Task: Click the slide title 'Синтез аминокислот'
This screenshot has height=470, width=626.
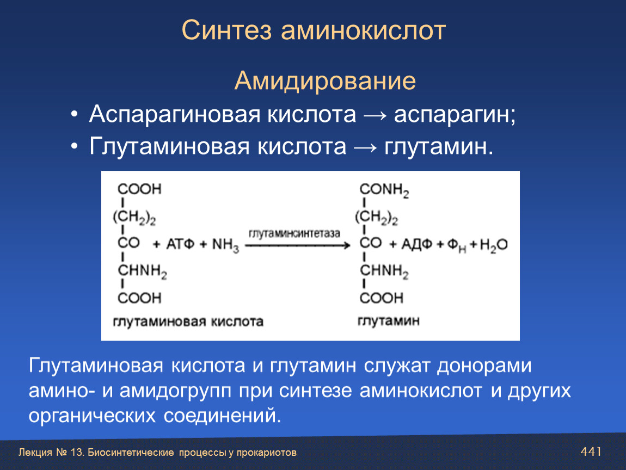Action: click(314, 30)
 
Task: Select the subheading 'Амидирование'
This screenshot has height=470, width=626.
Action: click(325, 81)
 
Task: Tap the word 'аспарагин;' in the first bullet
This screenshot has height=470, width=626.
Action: click(455, 115)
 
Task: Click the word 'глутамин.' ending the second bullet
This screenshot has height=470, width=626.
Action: click(439, 147)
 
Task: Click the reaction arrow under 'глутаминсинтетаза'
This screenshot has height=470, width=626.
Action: click(297, 246)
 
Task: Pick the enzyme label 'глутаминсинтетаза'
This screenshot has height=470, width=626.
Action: click(294, 233)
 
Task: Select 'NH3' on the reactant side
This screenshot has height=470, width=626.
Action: click(225, 245)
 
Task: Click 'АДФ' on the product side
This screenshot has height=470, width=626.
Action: click(416, 244)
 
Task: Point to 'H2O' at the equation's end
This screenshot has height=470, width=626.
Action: click(494, 245)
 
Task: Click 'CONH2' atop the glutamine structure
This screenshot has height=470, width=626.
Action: click(384, 190)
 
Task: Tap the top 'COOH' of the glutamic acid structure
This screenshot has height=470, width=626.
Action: click(139, 189)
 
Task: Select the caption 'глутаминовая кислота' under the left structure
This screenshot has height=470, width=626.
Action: click(188, 321)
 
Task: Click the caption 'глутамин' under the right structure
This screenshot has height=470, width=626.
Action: click(389, 321)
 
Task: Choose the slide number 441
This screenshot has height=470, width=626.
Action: click(591, 452)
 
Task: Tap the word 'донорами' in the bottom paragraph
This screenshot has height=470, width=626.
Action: click(484, 366)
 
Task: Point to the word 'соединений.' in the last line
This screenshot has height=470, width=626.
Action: click(223, 416)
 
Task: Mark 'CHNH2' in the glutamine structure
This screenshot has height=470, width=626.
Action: click(384, 271)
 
